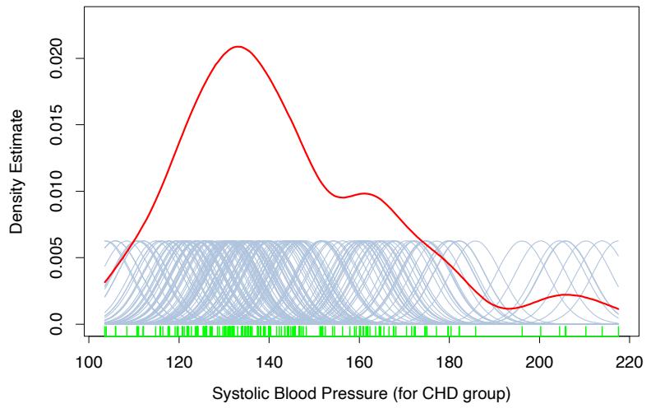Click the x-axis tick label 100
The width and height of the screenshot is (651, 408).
coord(88,360)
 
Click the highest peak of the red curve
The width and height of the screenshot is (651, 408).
coord(238,47)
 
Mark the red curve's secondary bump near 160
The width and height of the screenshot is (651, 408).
coord(366,193)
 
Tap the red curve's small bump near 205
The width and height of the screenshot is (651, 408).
coord(565,294)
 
